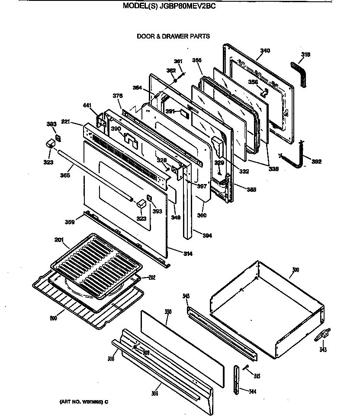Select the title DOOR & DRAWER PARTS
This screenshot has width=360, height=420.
[x=173, y=36]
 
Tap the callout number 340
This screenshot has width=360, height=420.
[x=264, y=51]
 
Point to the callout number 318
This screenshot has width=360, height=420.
[x=305, y=55]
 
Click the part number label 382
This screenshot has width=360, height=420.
[x=317, y=162]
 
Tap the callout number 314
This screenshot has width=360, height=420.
[x=188, y=253]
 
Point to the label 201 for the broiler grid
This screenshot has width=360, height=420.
[x=59, y=239]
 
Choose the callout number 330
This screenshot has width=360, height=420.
[x=168, y=311]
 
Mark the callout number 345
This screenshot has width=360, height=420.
[x=186, y=296]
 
